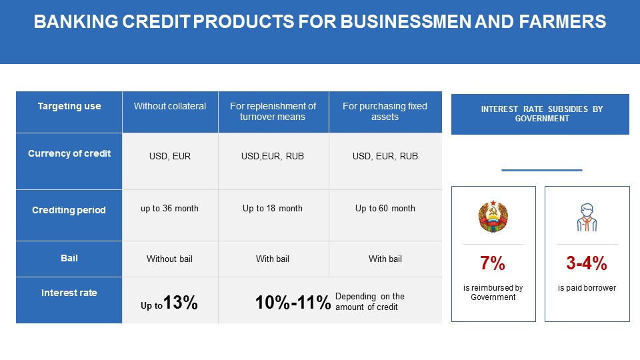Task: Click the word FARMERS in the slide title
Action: coord(563,21)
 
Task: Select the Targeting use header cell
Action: coord(69,112)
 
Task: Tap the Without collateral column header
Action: coord(170,112)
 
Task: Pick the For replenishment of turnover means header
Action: coord(273,112)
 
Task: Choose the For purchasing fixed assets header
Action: coord(385,112)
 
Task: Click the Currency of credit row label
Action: coord(69,161)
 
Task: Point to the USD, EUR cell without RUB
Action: coord(170,156)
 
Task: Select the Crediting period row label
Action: coord(69,215)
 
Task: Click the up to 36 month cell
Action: coord(170,209)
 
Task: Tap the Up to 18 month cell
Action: coord(273,209)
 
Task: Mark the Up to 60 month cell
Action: coord(385,209)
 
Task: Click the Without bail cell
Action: coord(170,259)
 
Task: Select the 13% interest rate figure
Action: coord(181,303)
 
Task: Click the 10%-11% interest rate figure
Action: coord(293,303)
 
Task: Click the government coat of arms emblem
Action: coord(493,216)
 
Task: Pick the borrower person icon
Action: coord(587,217)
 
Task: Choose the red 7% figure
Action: coord(493,263)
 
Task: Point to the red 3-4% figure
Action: coord(587,263)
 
